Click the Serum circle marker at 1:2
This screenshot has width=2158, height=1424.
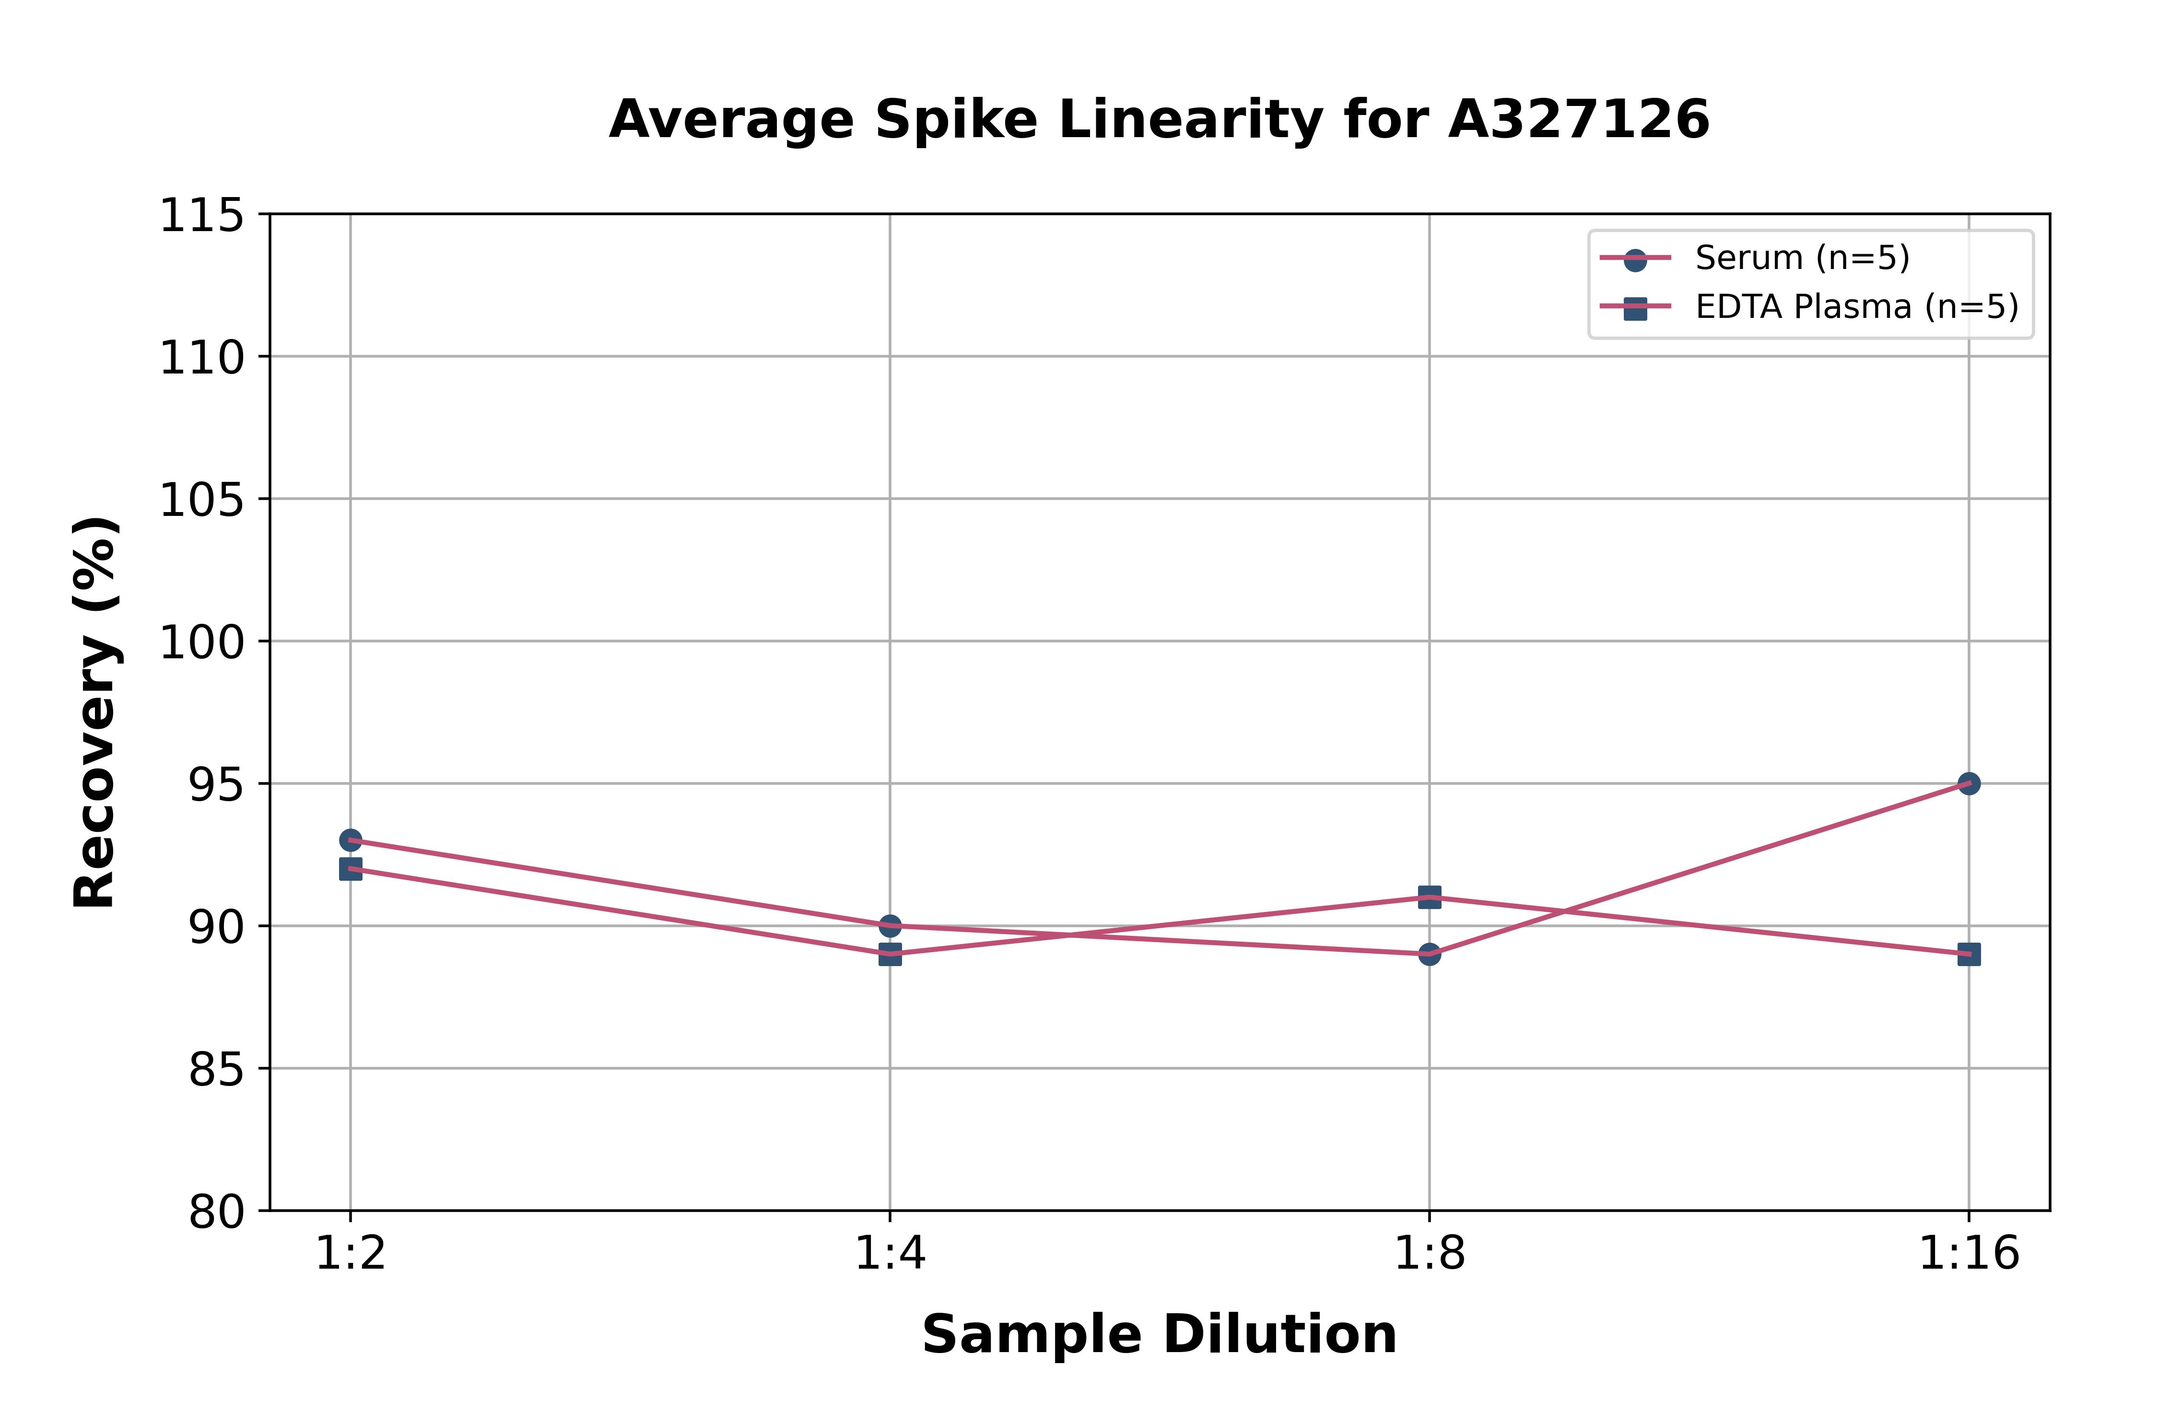pyautogui.click(x=351, y=840)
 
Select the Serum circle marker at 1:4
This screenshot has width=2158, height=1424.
pyautogui.click(x=890, y=925)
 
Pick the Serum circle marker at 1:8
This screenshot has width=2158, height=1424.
pyautogui.click(x=1430, y=954)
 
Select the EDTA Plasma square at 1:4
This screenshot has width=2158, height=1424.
pyautogui.click(x=890, y=954)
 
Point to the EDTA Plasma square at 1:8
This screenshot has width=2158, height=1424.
pyautogui.click(x=1430, y=897)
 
